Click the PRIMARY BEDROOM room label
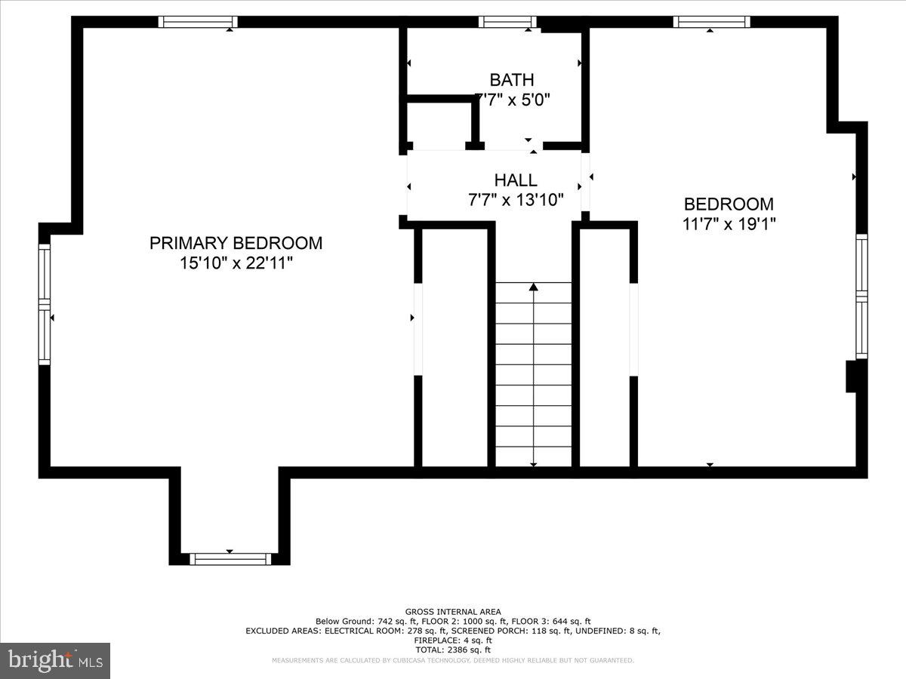[x=236, y=243]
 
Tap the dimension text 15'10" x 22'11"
[x=236, y=263]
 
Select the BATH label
[x=511, y=80]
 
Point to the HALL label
[x=516, y=180]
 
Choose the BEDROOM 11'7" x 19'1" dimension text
[x=729, y=224]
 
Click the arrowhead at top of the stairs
[x=534, y=287]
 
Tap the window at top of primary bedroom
[x=198, y=22]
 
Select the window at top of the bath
[x=507, y=22]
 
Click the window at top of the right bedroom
[x=711, y=22]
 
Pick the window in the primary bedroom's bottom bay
[x=230, y=559]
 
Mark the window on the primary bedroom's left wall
[x=45, y=304]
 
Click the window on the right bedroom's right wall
[x=861, y=295]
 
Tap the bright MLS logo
[x=55, y=661]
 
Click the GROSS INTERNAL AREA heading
[x=453, y=612]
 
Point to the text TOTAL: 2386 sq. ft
[x=453, y=650]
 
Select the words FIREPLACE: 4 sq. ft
[x=453, y=640]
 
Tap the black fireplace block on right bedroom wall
[x=851, y=376]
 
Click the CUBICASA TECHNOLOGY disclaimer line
[x=453, y=660]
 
